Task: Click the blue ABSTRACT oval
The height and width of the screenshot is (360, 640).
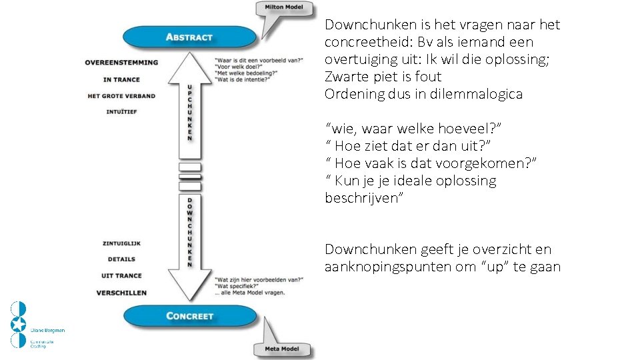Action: pos(189,37)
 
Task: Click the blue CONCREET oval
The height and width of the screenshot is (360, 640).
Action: pos(189,315)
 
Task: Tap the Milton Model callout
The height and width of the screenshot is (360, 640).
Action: pos(283,8)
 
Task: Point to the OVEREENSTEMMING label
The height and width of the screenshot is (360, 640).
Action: pos(121,63)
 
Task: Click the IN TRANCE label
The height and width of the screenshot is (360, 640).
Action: pos(121,79)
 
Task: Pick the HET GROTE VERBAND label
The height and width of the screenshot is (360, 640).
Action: pos(121,96)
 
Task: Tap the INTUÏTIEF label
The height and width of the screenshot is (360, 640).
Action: pos(121,112)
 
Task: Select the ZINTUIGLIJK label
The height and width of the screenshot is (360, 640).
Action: pos(121,243)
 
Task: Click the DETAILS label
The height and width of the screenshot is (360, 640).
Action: pos(121,259)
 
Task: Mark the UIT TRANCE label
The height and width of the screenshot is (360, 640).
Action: pos(121,276)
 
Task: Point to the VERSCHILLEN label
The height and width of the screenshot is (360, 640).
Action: pos(121,293)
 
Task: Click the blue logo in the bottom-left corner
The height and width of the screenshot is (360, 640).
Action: pos(19,325)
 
